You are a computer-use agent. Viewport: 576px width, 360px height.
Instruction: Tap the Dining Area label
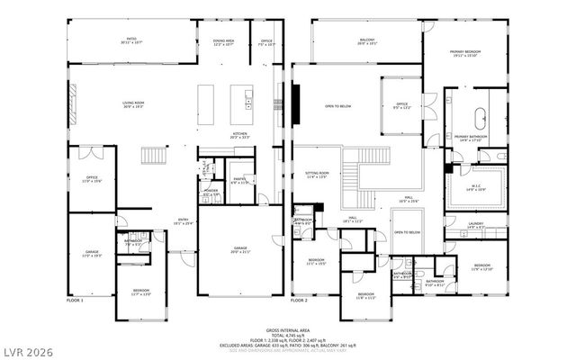pos(223,40)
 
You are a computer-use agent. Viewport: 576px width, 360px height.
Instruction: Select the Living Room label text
pos(134,104)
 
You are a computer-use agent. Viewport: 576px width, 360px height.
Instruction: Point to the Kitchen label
pos(240,136)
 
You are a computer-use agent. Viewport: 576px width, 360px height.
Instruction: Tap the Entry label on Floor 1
pos(183,220)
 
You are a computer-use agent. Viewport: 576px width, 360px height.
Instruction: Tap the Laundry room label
pos(476,225)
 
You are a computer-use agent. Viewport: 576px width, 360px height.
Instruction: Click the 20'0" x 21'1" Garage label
pos(240,250)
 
